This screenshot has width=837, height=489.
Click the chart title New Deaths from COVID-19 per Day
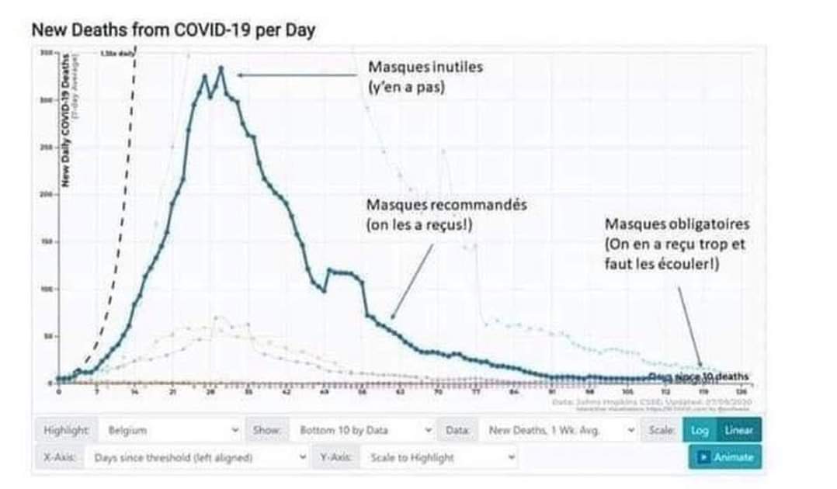tap(173, 30)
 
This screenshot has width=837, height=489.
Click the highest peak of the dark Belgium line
tap(221, 68)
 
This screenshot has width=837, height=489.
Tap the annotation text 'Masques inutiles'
tap(425, 67)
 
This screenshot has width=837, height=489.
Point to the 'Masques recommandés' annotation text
tap(446, 205)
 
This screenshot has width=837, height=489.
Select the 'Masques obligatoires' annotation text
tap(676, 224)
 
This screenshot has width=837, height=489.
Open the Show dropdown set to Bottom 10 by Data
tap(362, 429)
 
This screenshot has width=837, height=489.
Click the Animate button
tap(725, 457)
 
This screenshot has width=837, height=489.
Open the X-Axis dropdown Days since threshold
tap(198, 458)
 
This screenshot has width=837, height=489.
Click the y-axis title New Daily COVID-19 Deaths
tap(67, 120)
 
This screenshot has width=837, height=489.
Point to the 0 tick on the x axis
tap(59, 392)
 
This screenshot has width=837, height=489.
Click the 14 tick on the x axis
tap(135, 392)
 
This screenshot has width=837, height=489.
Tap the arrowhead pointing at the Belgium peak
tap(241, 75)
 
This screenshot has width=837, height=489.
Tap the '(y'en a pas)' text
tap(406, 87)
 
